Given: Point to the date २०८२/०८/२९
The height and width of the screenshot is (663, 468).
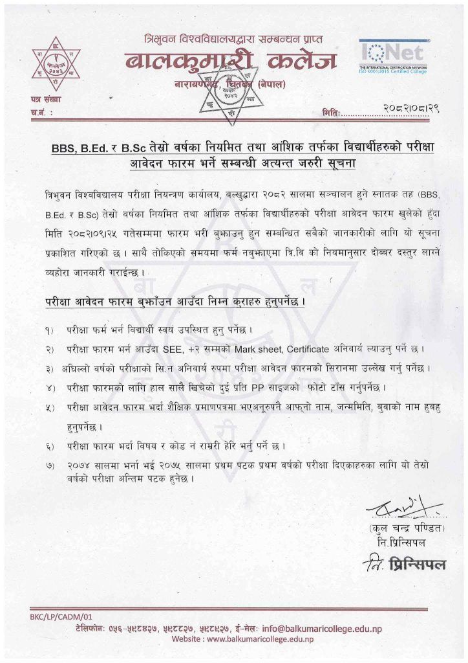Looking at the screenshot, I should click(405, 111).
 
